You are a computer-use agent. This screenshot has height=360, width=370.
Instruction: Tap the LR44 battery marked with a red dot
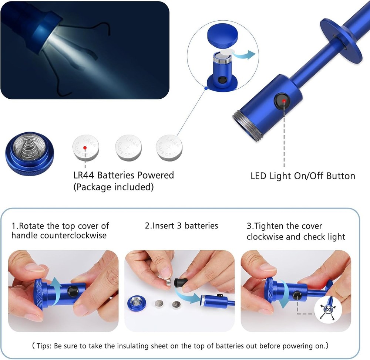click(x=85, y=147)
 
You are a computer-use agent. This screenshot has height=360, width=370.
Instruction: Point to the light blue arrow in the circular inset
click(x=244, y=54)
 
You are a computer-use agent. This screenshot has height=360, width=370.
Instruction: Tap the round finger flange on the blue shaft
click(x=341, y=41)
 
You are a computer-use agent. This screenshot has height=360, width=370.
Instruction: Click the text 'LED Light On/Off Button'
click(x=303, y=176)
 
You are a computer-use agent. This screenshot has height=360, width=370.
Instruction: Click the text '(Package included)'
click(x=113, y=187)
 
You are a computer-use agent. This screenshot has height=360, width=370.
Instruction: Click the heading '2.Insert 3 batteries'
click(x=181, y=225)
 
